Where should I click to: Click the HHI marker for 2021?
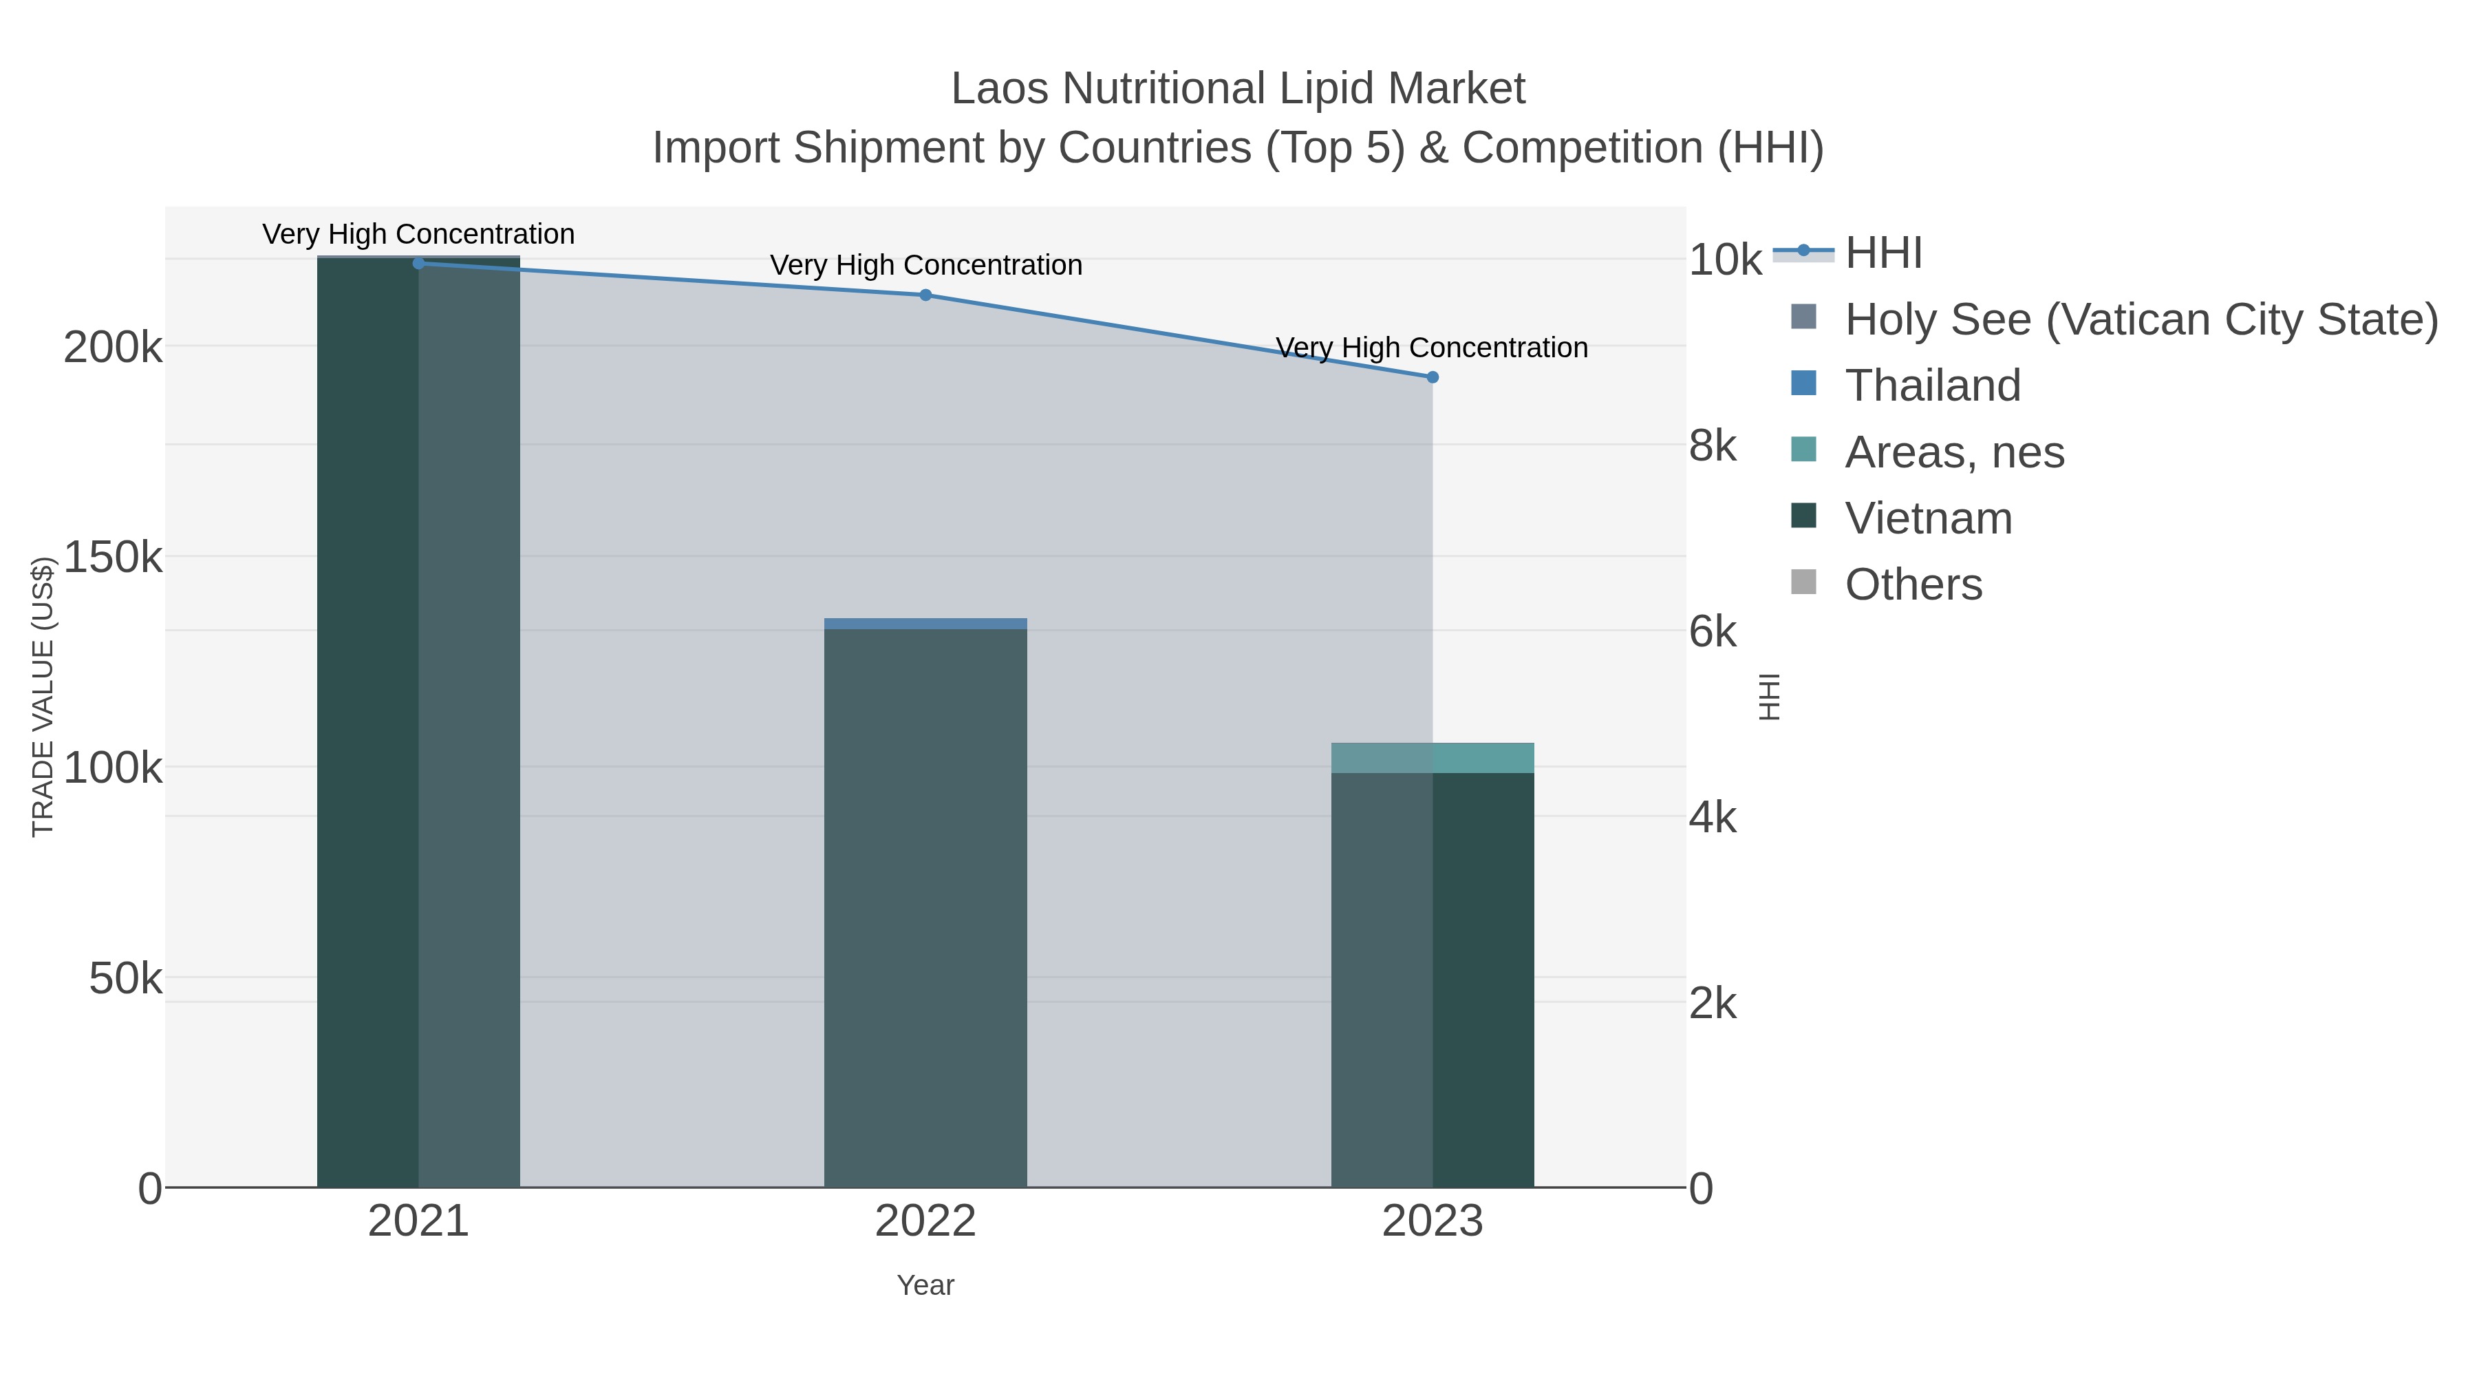(x=418, y=263)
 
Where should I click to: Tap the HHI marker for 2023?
(x=1433, y=377)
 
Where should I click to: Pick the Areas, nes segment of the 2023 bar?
(x=1433, y=757)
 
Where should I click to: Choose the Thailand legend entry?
(x=1933, y=385)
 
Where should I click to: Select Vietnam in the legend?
(x=1928, y=518)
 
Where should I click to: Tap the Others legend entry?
(x=1913, y=584)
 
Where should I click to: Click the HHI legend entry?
(x=1883, y=253)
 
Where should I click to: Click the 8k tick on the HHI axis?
(x=1713, y=446)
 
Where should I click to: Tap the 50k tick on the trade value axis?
(x=126, y=980)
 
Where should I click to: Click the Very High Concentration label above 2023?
(x=1432, y=348)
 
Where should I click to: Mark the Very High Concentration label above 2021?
(x=418, y=234)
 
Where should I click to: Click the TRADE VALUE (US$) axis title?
(x=43, y=697)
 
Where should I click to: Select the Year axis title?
(x=925, y=1285)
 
